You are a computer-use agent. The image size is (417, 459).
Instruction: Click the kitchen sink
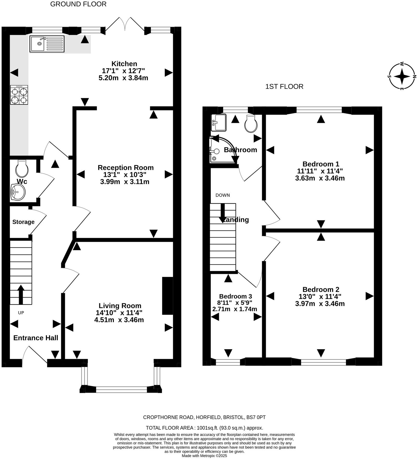click(x=47, y=44)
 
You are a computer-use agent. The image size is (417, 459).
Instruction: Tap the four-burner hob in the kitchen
click(x=19, y=95)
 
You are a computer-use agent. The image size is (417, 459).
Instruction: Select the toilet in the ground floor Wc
click(x=22, y=168)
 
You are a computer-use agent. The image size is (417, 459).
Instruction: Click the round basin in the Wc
click(x=18, y=192)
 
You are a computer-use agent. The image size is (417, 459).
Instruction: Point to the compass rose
click(x=402, y=76)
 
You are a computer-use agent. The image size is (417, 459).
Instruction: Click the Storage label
click(x=23, y=222)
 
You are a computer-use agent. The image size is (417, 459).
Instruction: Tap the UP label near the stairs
click(x=21, y=313)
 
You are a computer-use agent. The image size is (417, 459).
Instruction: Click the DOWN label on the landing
click(x=223, y=195)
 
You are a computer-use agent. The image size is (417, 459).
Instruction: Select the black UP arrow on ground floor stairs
click(x=21, y=294)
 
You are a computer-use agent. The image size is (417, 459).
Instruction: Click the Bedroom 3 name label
click(x=235, y=296)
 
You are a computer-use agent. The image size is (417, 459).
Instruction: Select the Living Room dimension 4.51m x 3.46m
click(x=119, y=320)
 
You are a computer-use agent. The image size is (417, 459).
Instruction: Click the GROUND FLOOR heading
click(x=78, y=4)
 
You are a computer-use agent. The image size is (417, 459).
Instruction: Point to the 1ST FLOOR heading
click(x=284, y=87)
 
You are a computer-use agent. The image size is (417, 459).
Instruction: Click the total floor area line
click(x=204, y=428)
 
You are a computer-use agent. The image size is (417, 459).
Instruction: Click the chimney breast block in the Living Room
click(x=167, y=296)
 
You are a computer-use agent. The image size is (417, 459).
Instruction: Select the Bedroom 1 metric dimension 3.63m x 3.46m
click(x=320, y=178)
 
